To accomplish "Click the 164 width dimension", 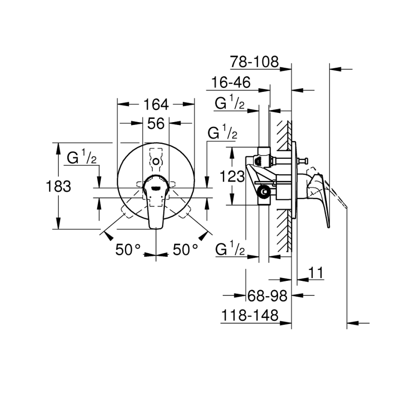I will (x=156, y=104).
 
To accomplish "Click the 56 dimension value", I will (x=156, y=123).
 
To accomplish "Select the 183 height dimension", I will (x=58, y=186).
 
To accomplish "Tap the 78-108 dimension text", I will (x=254, y=61).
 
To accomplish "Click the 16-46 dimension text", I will (x=230, y=83).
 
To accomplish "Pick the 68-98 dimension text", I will (x=266, y=295).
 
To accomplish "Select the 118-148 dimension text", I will (x=249, y=316).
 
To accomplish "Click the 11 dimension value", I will (x=316, y=273).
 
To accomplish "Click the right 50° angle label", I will (x=185, y=250).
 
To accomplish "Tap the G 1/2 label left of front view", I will (x=82, y=158).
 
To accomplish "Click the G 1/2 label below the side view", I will (x=230, y=249).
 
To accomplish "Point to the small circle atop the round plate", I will (x=156, y=162).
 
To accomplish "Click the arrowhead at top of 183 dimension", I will (x=58, y=146).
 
